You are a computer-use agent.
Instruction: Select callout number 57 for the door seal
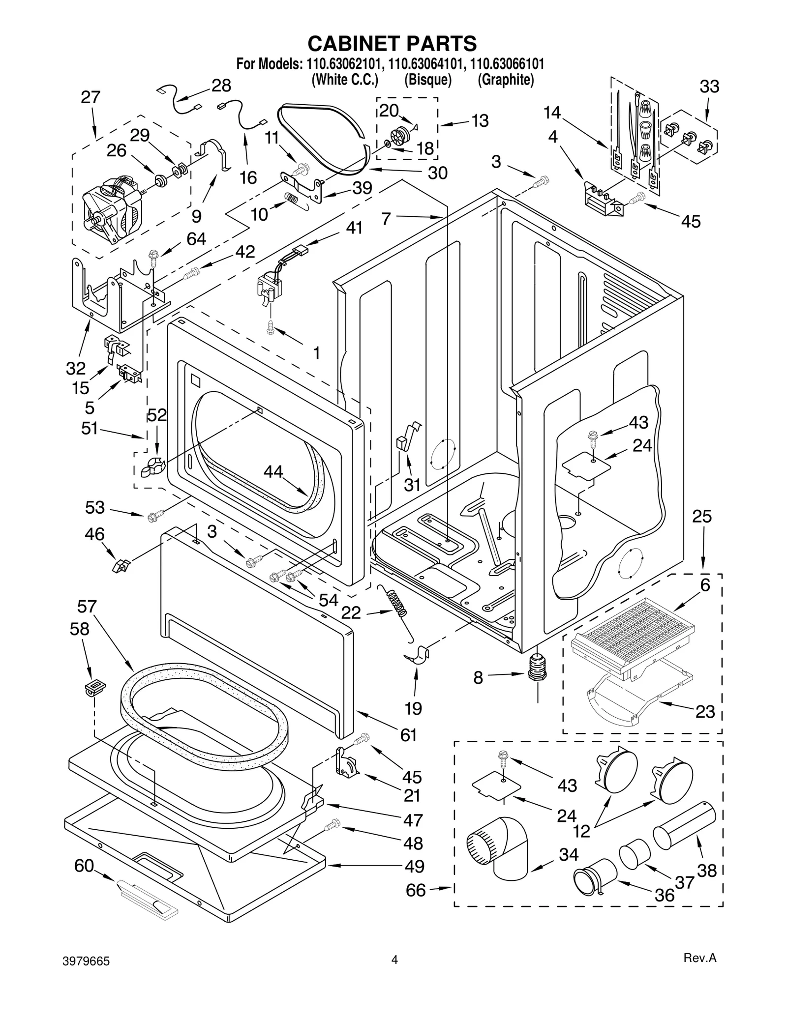pyautogui.click(x=87, y=607)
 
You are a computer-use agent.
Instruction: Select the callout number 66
pyautogui.click(x=416, y=890)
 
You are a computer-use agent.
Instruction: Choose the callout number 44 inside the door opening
pyautogui.click(x=273, y=472)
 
